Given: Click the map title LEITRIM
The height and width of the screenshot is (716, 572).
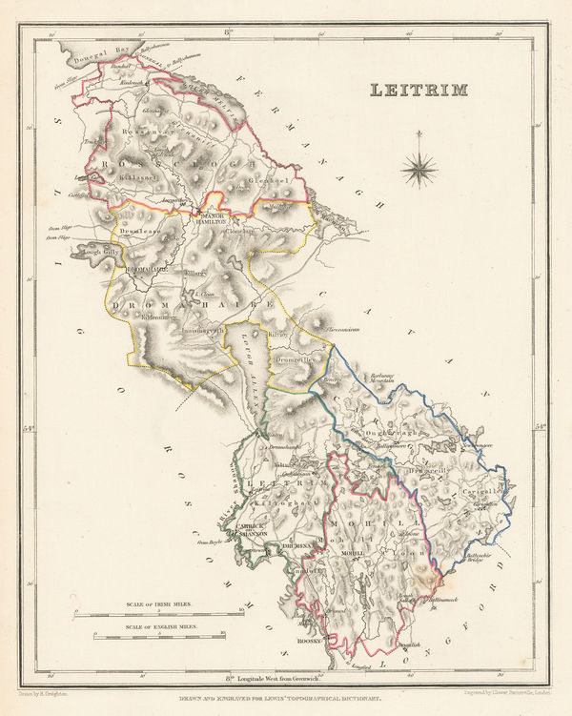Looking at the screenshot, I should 419,91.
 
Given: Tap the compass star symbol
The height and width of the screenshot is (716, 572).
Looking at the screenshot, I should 419,170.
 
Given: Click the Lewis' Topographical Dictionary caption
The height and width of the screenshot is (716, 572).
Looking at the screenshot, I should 285,697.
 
